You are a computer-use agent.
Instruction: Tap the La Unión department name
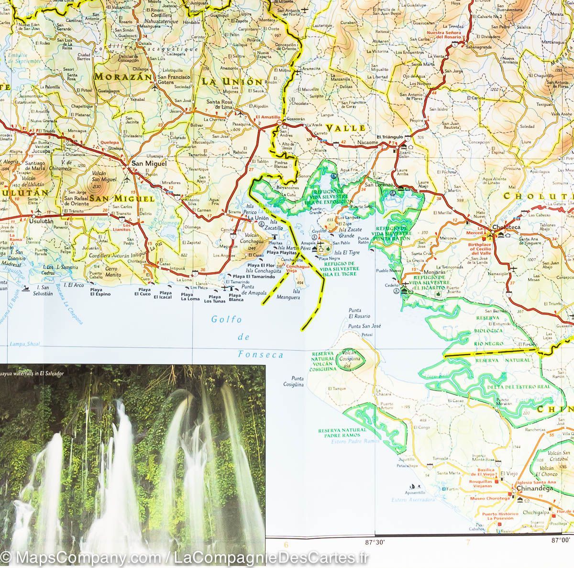(231, 82)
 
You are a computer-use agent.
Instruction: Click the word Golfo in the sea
(227, 320)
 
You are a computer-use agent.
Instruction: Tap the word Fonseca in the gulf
(260, 355)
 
